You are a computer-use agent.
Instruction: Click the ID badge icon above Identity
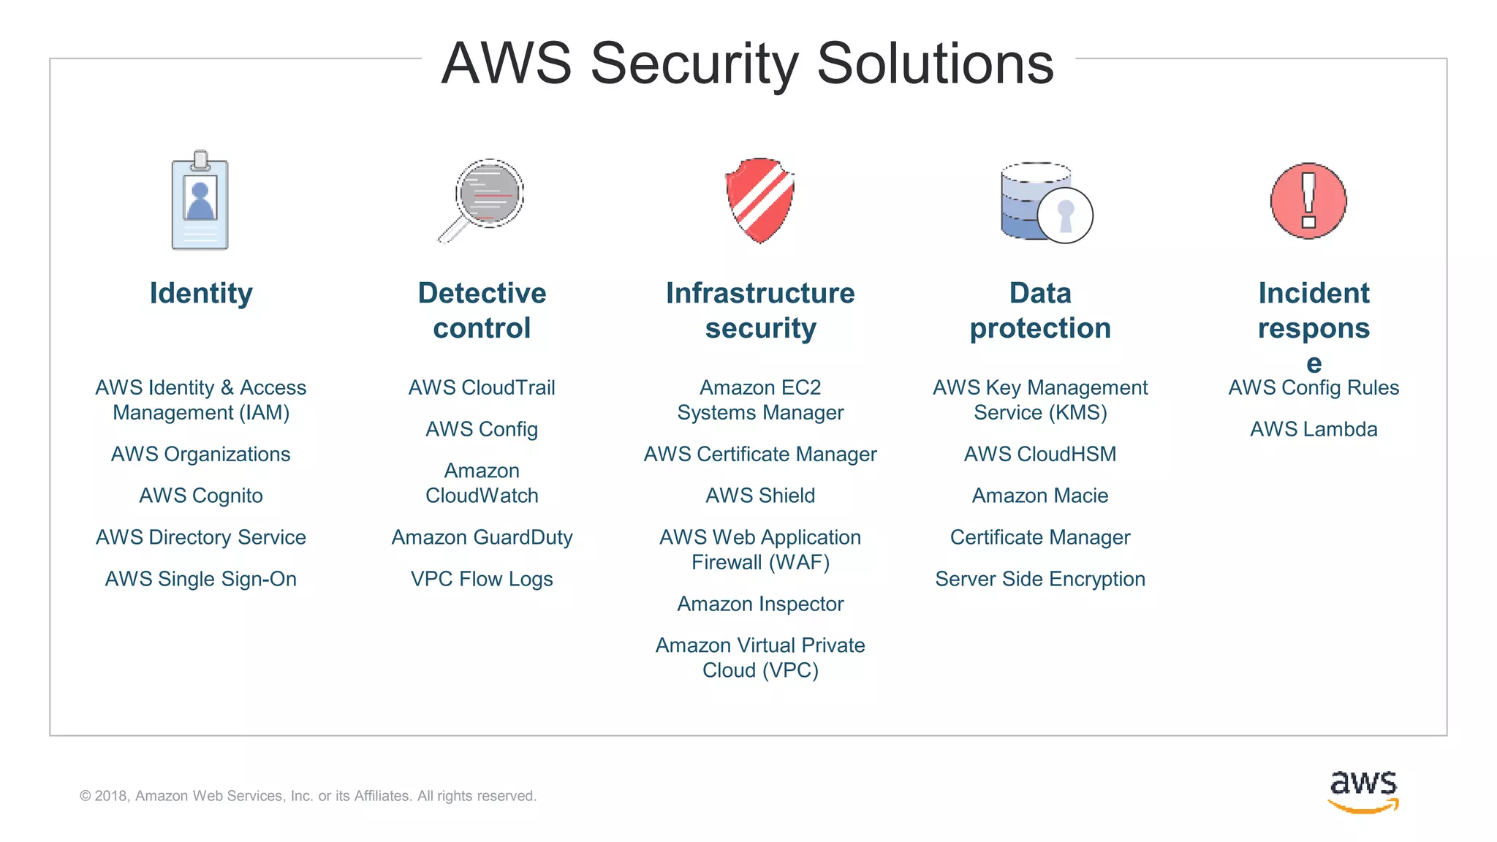(200, 201)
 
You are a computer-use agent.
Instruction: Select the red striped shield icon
(760, 200)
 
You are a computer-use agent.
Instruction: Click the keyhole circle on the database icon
(1065, 216)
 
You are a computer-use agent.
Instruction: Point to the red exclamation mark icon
(1308, 201)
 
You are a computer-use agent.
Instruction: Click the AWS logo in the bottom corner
(1363, 791)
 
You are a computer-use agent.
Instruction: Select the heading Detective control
(482, 311)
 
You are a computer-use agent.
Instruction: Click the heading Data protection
(1040, 311)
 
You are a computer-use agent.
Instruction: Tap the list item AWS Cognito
(201, 496)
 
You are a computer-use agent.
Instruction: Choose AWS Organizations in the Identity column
(201, 454)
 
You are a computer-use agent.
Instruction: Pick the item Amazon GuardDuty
(482, 537)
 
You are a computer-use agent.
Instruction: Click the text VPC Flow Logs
(482, 579)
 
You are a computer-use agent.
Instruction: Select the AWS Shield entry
(760, 496)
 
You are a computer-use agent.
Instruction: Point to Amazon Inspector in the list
(760, 604)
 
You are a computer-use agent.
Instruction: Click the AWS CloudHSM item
(1040, 454)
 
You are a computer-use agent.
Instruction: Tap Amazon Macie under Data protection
(1040, 496)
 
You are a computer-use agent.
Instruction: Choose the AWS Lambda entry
(1314, 429)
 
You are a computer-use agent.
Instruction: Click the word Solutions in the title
(935, 64)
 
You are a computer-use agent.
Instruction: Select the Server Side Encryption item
(1040, 579)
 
